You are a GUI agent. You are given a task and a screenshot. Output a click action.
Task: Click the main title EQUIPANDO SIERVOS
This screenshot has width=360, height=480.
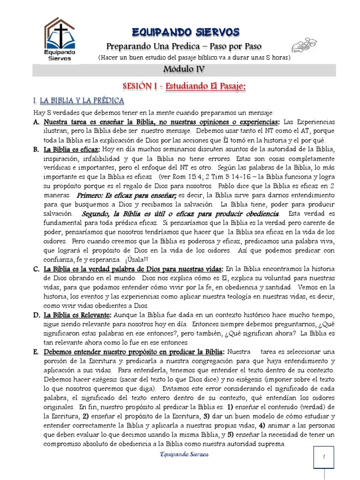186,32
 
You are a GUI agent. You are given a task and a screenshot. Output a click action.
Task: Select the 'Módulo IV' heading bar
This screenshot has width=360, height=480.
183,70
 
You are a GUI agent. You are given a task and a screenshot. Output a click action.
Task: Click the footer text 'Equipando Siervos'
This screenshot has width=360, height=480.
184,455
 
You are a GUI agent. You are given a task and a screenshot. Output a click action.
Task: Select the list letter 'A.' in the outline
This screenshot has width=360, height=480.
36,122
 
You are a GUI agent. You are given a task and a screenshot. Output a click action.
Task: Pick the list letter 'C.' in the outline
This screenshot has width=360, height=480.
36,269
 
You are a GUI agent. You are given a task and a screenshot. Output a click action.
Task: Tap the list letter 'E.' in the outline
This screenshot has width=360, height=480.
36,352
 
